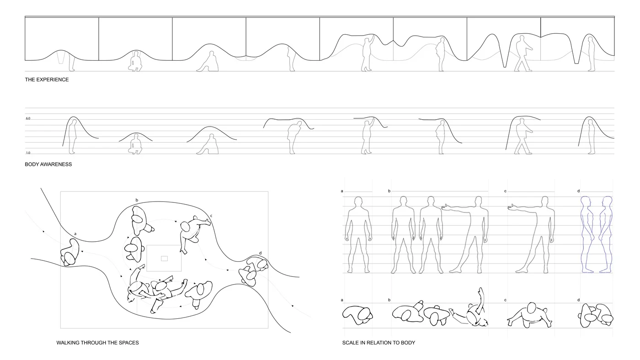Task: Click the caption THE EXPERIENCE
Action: click(47, 79)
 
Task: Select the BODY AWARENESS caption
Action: click(48, 164)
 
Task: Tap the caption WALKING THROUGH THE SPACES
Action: click(97, 342)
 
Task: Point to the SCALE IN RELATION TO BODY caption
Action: click(379, 342)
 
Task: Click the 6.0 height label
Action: click(28, 118)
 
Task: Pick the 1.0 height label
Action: click(28, 153)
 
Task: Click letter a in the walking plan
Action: click(75, 233)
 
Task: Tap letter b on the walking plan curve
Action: click(137, 200)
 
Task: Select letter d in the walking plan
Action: click(260, 253)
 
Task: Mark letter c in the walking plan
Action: click(211, 215)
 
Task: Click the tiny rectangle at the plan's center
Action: click(164, 258)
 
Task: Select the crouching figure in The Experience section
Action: click(134, 62)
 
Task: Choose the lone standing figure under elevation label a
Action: click(359, 234)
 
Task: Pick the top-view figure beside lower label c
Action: click(529, 314)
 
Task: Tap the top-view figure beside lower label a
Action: click(358, 315)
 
